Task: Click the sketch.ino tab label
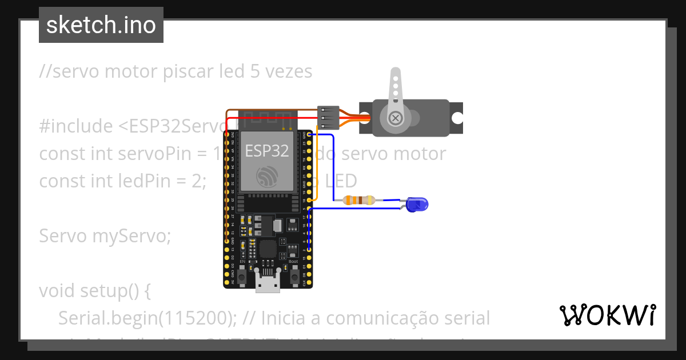[101, 25]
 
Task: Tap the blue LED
[417, 204]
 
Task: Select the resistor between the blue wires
[358, 200]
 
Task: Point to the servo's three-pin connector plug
[329, 118]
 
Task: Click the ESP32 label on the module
[266, 151]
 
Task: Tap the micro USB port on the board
[268, 283]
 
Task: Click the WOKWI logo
[607, 315]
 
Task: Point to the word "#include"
[76, 126]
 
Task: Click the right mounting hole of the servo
[457, 118]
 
